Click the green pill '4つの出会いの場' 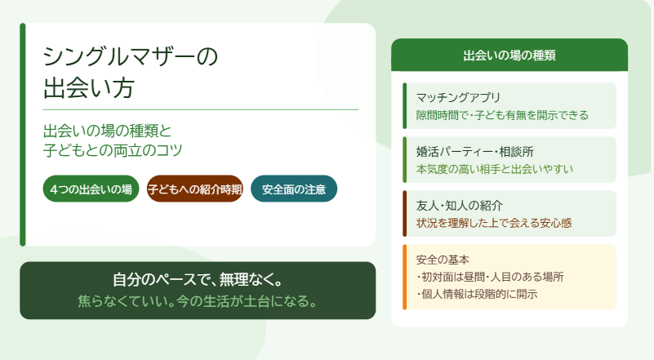pos(91,189)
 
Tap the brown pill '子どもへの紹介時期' pos(195,189)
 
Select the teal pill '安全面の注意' pos(294,189)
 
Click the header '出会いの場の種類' pos(509,56)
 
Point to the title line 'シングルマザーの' pos(131,56)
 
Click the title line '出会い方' pos(88,87)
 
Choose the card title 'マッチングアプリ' pos(458,97)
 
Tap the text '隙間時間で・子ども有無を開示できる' pos(502,115)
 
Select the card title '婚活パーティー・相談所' pos(475,151)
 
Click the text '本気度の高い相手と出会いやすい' pos(495,169)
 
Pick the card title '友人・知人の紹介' pos(459,205)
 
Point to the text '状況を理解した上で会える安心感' pos(494,223)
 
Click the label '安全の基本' pos(443,260)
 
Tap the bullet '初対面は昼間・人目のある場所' pos(490,277)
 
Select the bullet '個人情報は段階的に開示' pos(477,294)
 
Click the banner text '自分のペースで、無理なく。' pos(198,279)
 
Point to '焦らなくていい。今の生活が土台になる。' pos(198,300)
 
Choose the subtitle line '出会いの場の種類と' pos(107,131)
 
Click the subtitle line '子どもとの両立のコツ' pos(113,150)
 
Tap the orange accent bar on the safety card pos(405,277)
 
